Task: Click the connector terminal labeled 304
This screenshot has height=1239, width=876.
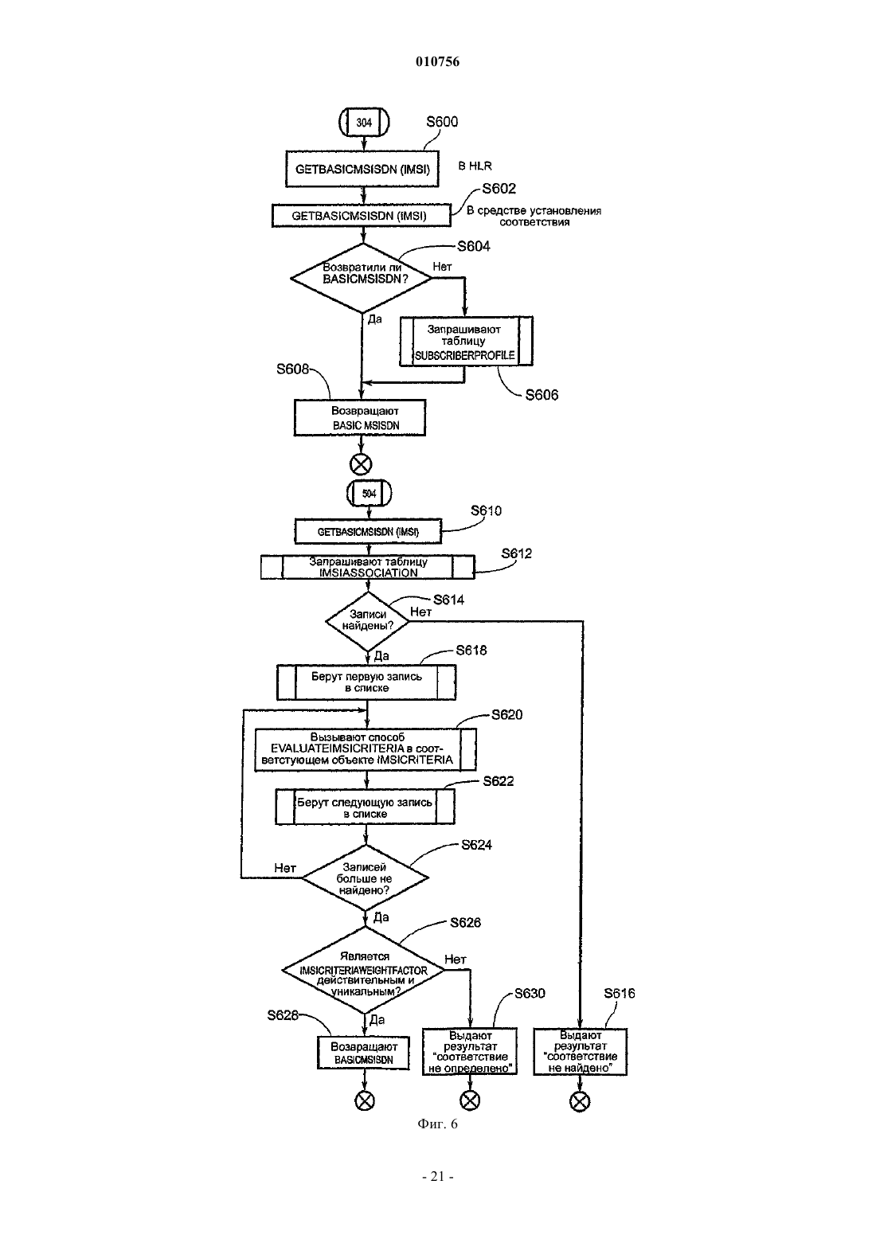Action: [x=364, y=123]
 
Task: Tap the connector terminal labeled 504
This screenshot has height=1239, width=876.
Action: [x=369, y=494]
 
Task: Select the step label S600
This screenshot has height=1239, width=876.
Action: [x=442, y=122]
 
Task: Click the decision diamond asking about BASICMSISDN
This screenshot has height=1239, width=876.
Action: [x=362, y=278]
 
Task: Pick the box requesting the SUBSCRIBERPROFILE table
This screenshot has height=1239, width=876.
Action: [x=466, y=342]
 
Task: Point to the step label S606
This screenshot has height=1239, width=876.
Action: [x=542, y=395]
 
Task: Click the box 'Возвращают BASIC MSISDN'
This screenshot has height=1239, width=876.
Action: [x=360, y=418]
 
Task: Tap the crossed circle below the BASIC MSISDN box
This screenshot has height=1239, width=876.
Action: [x=361, y=464]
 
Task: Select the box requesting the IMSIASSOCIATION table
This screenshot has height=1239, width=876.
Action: [x=368, y=567]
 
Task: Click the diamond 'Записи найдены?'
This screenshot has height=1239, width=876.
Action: [x=367, y=621]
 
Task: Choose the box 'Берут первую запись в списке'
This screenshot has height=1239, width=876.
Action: [x=366, y=682]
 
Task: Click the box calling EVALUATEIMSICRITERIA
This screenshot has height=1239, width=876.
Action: [x=366, y=749]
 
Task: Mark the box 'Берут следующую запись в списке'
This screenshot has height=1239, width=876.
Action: [x=365, y=807]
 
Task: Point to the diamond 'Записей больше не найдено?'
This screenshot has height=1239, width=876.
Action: [x=365, y=877]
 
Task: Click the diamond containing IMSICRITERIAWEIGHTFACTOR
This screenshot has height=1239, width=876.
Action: [x=363, y=970]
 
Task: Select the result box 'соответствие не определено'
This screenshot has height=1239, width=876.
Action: [x=470, y=1052]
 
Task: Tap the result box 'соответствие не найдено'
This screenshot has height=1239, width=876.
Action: [x=580, y=1052]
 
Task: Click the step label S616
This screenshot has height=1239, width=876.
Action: [x=620, y=994]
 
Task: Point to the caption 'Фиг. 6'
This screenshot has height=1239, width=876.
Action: [x=437, y=1124]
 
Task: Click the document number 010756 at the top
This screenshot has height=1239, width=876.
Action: [x=437, y=61]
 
